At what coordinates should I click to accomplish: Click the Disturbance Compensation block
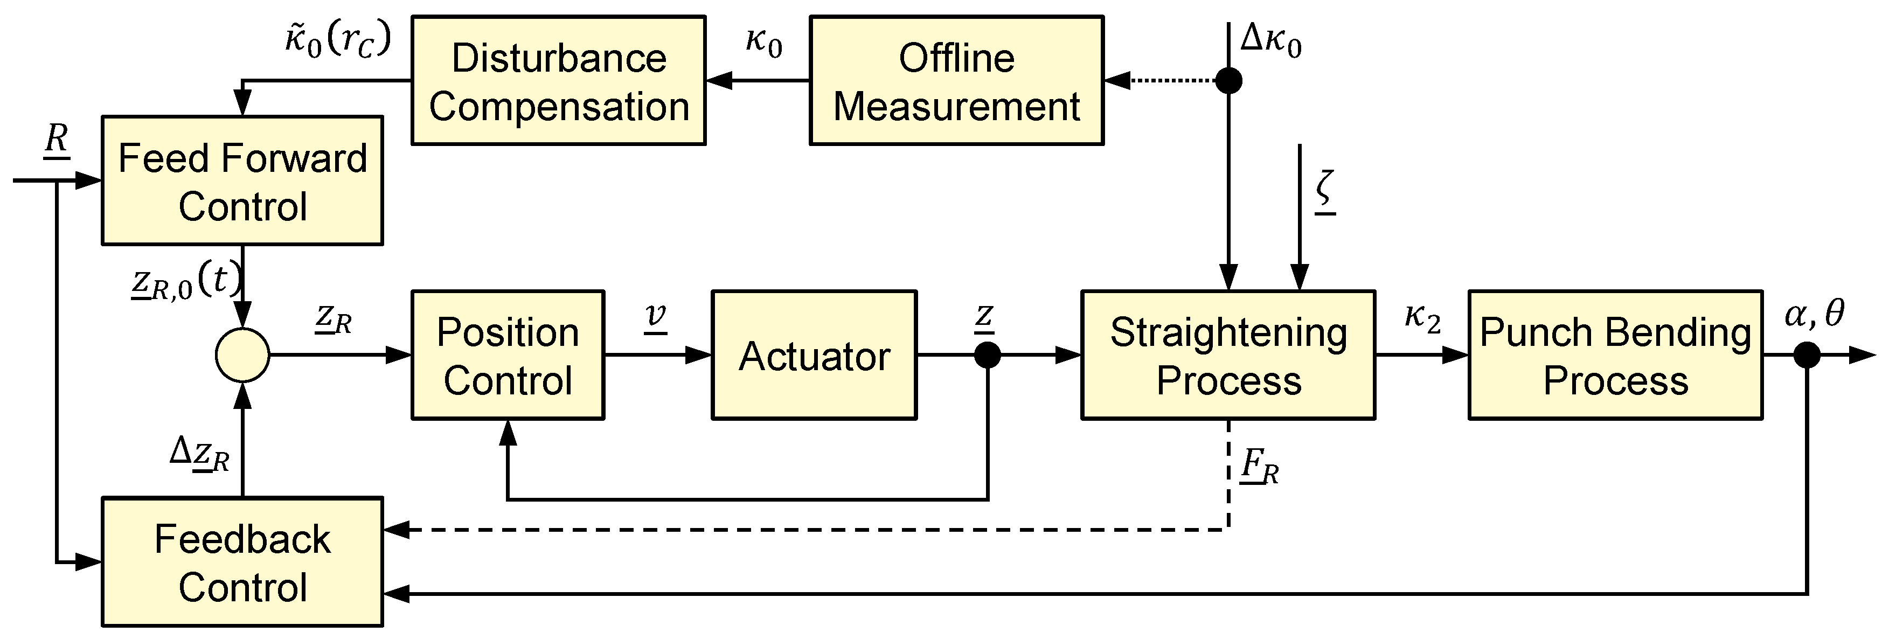point(558,81)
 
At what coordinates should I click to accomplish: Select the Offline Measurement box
point(956,81)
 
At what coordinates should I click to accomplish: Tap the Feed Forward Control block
point(242,180)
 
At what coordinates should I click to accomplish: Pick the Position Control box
point(508,355)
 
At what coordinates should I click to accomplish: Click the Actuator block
point(814,355)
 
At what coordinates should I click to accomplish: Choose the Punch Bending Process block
point(1615,355)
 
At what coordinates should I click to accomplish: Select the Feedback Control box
point(242,562)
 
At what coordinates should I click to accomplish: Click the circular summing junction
point(242,355)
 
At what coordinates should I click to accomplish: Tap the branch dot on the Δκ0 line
point(1229,80)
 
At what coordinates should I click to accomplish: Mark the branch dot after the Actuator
point(987,355)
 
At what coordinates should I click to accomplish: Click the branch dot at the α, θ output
point(1807,355)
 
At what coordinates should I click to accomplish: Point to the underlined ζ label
point(1324,191)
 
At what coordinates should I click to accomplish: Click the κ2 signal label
point(1422,318)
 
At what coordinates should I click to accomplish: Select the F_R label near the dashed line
point(1260,467)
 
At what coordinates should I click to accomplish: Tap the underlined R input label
point(57,140)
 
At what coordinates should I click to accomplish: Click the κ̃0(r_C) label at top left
point(337,40)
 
